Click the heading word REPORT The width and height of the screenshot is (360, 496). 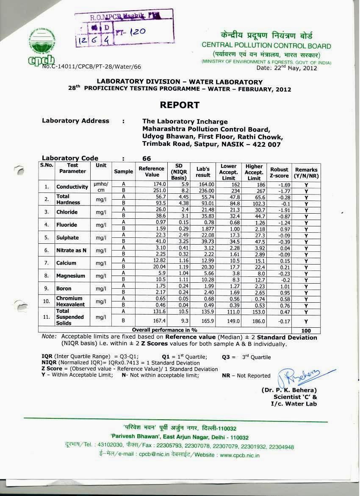point(180,105)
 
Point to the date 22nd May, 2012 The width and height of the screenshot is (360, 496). point(287,67)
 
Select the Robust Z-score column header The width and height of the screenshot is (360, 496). point(279,172)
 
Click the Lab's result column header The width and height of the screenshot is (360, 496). point(203,172)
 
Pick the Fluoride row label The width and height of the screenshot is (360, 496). point(66,225)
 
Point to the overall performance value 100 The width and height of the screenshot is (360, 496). point(306,331)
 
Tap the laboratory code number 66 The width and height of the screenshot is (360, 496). point(147,158)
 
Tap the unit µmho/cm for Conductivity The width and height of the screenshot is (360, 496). point(101,187)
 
